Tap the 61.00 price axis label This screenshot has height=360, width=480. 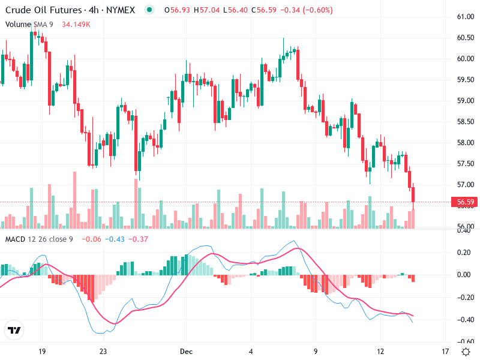[x=466, y=17]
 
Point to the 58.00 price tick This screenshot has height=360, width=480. [x=466, y=143]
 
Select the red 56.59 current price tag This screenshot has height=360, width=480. [x=466, y=202]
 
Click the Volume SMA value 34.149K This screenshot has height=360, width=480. [x=76, y=24]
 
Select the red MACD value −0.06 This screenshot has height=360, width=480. [x=91, y=239]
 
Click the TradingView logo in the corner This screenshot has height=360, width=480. [x=14, y=330]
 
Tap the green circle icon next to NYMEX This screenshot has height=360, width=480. [x=149, y=10]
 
